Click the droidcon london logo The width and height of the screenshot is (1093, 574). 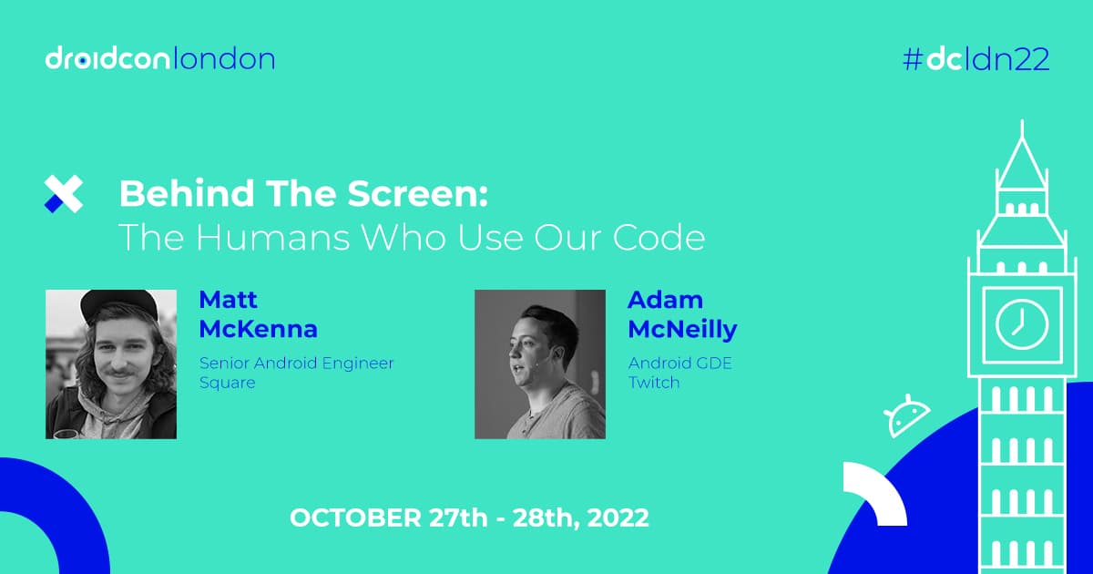click(160, 60)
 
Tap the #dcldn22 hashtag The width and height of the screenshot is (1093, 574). click(976, 60)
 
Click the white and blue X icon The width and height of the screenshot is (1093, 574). click(64, 194)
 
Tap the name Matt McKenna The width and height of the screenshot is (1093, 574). click(258, 314)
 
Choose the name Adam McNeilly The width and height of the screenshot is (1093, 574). click(682, 314)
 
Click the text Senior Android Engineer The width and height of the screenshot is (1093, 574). click(297, 363)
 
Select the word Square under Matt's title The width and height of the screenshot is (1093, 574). click(227, 383)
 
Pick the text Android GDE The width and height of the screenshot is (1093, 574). click(680, 363)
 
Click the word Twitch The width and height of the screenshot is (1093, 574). click(654, 383)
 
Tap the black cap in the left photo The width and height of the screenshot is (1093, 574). click(117, 304)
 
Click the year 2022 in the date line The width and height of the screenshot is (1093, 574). click(618, 518)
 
